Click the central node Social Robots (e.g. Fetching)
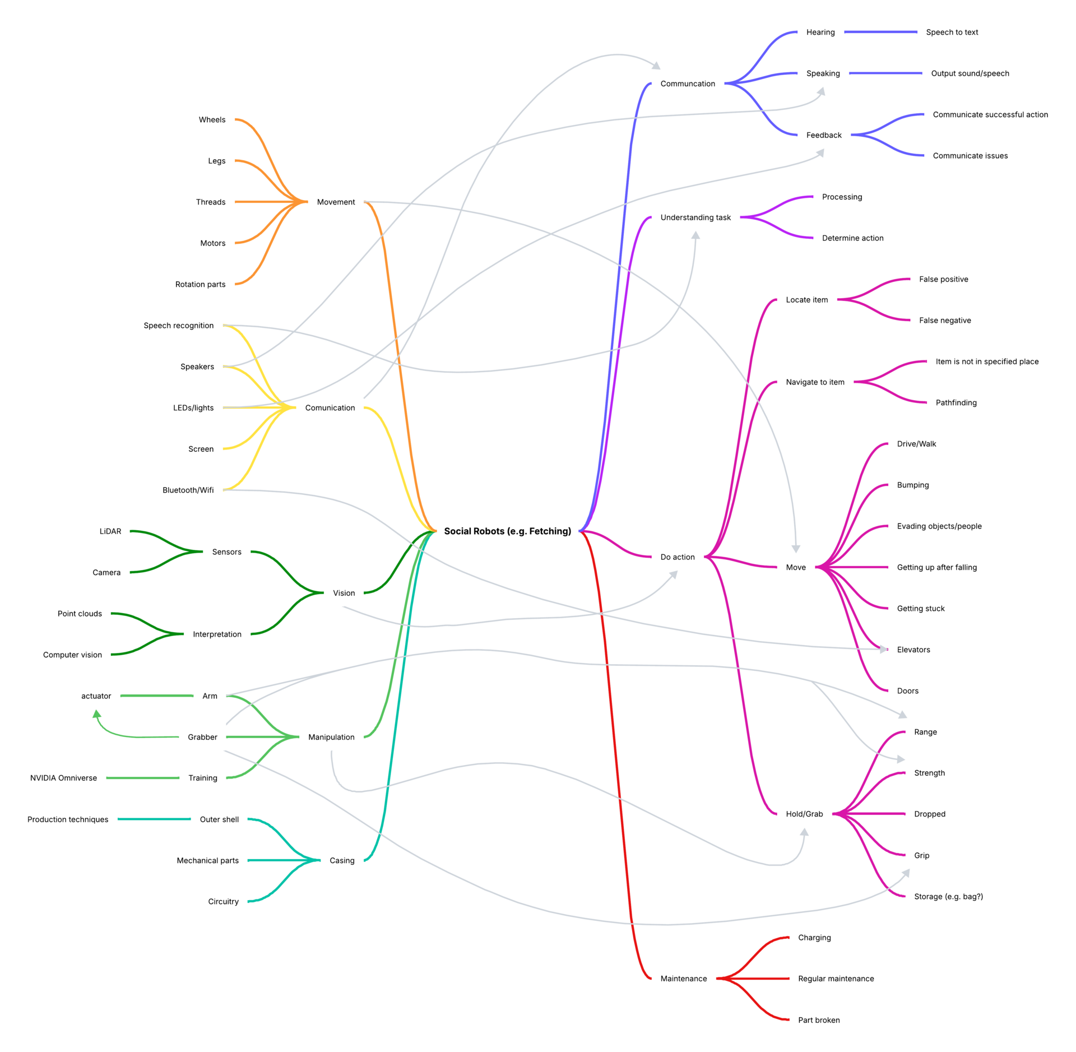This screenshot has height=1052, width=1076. (x=507, y=531)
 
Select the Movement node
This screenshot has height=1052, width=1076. (x=336, y=202)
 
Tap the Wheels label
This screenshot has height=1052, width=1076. (x=212, y=119)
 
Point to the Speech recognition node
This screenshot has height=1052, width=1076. (x=178, y=325)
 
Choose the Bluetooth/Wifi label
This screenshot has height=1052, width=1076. (x=188, y=490)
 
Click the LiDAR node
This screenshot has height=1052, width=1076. (x=110, y=531)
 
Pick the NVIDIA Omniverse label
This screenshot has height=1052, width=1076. (x=63, y=777)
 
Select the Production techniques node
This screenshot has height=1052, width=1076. (x=68, y=819)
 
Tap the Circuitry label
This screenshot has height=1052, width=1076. (x=223, y=901)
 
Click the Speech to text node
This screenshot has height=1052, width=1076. (x=952, y=32)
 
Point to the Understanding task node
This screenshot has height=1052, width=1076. (x=695, y=217)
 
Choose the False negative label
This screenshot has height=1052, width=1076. (x=945, y=320)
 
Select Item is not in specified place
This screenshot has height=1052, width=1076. (x=987, y=362)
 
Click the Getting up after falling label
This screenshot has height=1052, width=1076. (x=936, y=567)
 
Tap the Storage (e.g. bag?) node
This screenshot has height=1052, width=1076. (x=948, y=896)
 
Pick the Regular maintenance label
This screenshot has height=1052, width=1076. (x=836, y=979)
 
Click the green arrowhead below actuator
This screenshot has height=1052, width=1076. (x=97, y=714)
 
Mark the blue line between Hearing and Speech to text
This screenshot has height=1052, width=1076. (x=880, y=32)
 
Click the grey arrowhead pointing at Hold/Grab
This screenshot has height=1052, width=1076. (x=804, y=832)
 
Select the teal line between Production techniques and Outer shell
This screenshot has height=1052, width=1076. (x=154, y=819)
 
